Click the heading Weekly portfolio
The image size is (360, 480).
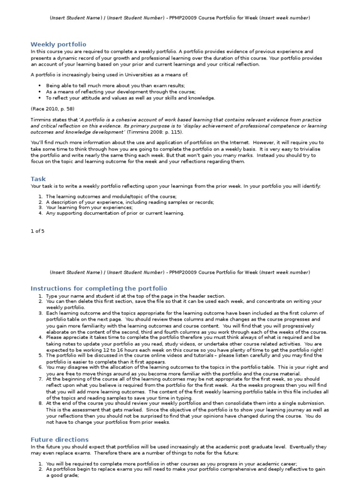[59, 44]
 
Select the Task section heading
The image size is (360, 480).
[38, 179]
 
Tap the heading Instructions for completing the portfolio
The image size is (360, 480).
[98, 288]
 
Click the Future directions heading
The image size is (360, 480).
[60, 439]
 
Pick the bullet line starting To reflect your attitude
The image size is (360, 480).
[130, 98]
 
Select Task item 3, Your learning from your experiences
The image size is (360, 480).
[89, 207]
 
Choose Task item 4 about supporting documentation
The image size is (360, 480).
[115, 213]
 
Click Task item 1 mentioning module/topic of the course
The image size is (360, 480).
[111, 196]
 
